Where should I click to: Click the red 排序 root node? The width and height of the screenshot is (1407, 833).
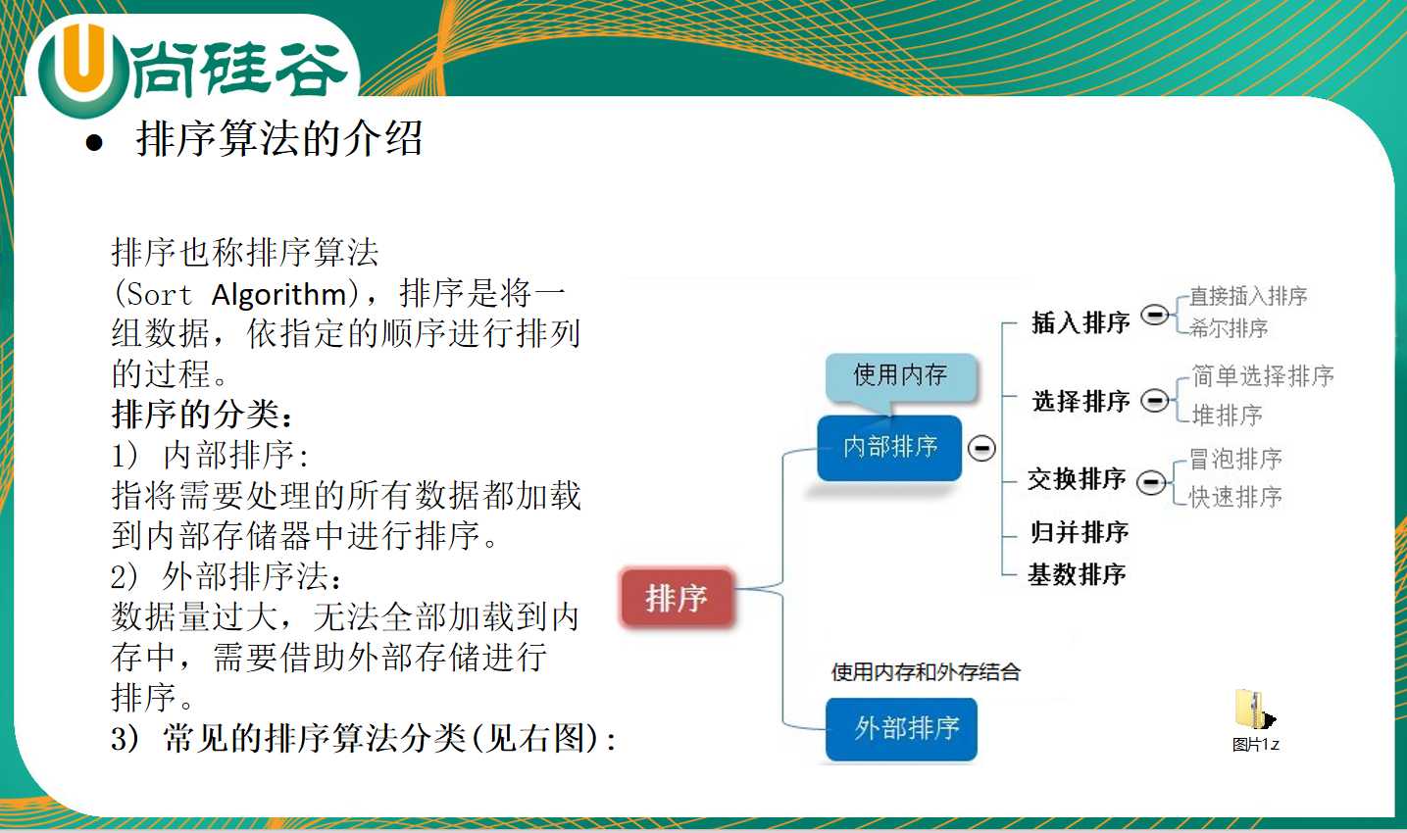[x=677, y=598]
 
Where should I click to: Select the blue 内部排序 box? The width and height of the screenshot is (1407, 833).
[x=889, y=448]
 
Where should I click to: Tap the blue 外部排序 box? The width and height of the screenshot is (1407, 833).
[x=901, y=729]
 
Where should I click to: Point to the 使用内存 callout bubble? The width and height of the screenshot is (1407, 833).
[x=901, y=376]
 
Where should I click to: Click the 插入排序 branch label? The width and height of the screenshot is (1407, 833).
[x=1080, y=322]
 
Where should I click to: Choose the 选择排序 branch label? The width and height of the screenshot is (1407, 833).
[x=1081, y=401]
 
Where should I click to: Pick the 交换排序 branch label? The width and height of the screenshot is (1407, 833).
[x=1077, y=479]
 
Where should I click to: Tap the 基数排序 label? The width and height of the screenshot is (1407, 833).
[x=1077, y=574]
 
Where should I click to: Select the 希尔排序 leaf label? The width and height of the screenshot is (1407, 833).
[x=1229, y=327]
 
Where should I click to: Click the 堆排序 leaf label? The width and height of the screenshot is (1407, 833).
[x=1228, y=415]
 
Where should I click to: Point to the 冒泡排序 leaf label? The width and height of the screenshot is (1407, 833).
[x=1235, y=459]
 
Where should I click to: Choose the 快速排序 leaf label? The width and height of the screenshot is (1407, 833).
[x=1235, y=497]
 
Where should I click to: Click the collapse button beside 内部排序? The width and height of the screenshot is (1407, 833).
[x=981, y=448]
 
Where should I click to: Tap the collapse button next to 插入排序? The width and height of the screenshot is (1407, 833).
[x=1154, y=314]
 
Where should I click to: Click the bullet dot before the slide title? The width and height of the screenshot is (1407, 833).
[x=94, y=142]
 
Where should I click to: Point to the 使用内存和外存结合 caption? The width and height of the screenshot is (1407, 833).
[x=926, y=672]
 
